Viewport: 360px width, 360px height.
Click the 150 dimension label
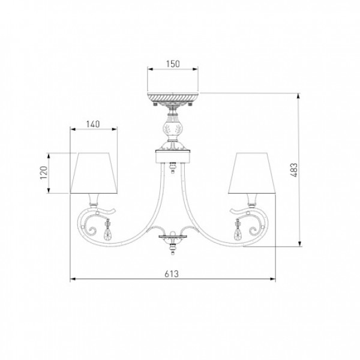point(173,64)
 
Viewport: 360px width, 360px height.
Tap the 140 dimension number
point(93,124)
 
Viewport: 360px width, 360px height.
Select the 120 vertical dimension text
point(44,173)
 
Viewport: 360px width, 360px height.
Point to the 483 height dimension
point(293,170)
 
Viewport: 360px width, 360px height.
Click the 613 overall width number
point(172,274)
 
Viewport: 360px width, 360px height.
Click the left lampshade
point(94,173)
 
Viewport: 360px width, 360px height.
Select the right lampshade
point(251,173)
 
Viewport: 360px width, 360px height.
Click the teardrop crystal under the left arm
point(107,233)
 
